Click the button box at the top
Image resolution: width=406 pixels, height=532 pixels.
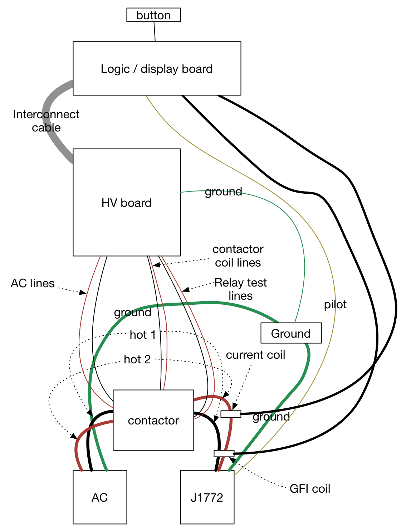click(153, 15)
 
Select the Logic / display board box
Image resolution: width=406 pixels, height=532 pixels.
click(157, 68)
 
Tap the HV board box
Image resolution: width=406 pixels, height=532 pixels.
click(127, 202)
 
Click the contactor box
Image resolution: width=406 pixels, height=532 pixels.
click(153, 420)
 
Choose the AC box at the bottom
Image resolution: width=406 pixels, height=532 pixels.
click(100, 497)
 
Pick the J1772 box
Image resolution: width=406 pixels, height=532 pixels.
click(207, 497)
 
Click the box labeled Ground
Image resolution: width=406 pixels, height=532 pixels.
click(291, 333)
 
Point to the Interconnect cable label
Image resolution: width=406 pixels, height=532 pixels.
click(46, 121)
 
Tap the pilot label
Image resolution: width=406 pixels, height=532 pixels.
click(335, 304)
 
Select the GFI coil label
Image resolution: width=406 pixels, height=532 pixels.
click(310, 488)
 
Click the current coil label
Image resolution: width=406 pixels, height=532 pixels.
click(255, 355)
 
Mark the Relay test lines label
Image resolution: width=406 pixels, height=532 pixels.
click(241, 289)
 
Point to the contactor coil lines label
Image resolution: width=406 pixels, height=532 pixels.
click(238, 255)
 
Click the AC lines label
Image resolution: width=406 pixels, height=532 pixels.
click(33, 283)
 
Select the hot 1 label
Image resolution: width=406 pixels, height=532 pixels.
click(143, 335)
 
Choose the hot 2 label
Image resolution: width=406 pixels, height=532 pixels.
click(137, 359)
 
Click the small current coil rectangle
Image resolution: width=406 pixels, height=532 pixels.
click(231, 414)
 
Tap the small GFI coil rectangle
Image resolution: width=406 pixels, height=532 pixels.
click(224, 453)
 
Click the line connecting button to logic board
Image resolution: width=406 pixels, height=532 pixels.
click(155, 31)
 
